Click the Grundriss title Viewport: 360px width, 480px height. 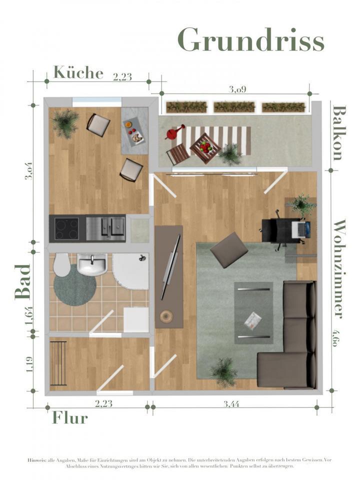click(x=251, y=40)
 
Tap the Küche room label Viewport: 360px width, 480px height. click(x=78, y=73)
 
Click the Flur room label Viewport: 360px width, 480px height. click(x=70, y=417)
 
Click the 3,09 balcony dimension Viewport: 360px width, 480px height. click(x=237, y=89)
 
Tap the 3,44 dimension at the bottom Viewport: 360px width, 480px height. click(x=232, y=404)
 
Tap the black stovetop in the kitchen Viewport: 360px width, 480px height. click(x=66, y=229)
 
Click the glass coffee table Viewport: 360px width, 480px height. click(x=254, y=312)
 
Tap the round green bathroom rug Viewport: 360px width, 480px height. click(x=74, y=285)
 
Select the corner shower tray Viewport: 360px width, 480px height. click(x=131, y=270)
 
